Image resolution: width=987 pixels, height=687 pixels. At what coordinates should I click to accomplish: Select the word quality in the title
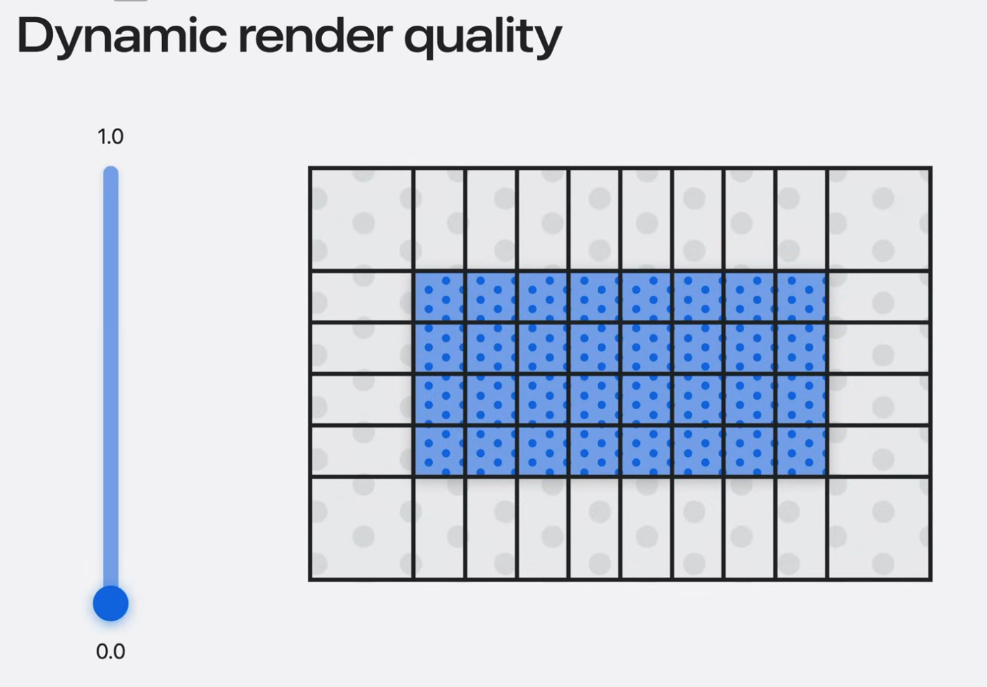[483, 36]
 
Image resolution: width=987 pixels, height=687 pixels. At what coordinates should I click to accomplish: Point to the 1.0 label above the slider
[111, 136]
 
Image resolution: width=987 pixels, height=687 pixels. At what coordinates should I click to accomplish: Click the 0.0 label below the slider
[111, 651]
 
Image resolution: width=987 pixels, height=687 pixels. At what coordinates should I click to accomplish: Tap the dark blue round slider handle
[111, 603]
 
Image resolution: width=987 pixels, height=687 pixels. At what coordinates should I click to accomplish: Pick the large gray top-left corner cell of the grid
[361, 219]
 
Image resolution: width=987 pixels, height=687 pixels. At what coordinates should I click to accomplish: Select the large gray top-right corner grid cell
[879, 219]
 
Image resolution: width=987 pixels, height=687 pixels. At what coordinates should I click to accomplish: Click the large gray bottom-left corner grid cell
[361, 528]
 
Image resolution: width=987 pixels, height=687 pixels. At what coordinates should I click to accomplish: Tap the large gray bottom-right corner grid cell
[879, 528]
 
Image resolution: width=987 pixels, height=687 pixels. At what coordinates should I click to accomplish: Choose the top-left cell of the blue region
[440, 297]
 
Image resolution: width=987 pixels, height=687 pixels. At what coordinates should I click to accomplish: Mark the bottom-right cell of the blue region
[802, 451]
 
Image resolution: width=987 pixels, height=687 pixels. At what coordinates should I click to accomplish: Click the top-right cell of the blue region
[802, 297]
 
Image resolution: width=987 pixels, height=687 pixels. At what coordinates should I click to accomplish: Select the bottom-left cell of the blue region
[440, 451]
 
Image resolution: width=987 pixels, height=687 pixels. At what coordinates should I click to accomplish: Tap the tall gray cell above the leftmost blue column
[440, 219]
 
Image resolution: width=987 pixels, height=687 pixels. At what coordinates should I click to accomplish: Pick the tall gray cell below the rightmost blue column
[802, 528]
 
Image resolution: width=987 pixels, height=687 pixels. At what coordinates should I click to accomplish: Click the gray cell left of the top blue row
[361, 297]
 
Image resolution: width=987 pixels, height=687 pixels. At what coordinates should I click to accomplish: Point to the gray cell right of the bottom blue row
[879, 451]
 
